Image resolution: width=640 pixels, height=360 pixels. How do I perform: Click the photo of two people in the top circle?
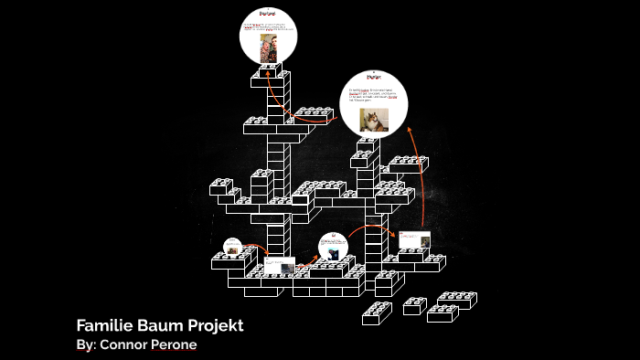(270, 50)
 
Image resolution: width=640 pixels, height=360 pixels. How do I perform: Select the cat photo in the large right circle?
(372, 120)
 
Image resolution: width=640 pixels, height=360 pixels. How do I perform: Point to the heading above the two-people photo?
(270, 15)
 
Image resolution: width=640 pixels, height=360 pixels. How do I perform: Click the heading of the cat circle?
(372, 79)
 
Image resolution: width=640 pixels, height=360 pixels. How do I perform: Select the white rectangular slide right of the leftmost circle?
(280, 266)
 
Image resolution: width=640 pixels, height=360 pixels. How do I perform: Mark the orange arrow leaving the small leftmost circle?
(257, 249)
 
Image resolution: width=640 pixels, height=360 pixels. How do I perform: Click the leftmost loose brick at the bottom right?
(377, 313)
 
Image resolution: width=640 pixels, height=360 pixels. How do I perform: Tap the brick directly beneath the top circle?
(270, 79)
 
